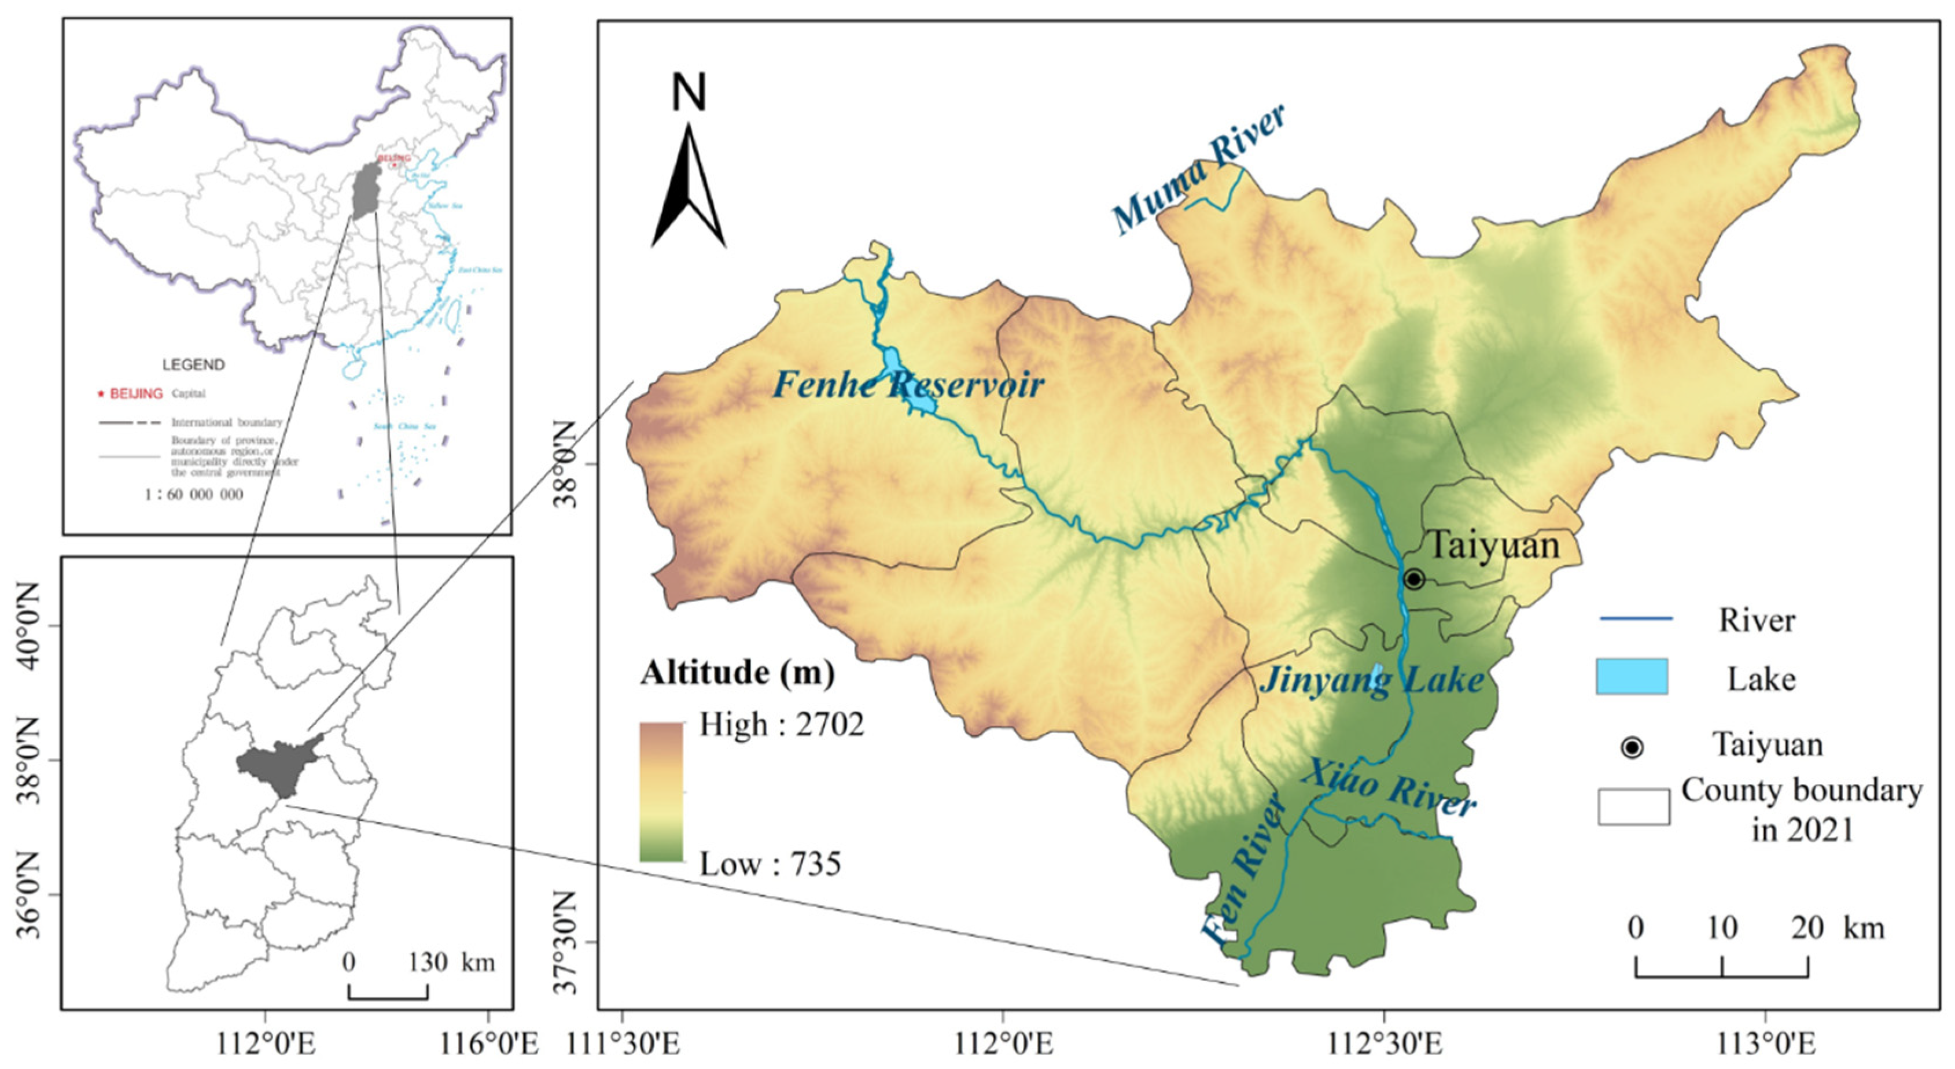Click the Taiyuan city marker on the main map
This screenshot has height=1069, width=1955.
[x=1413, y=580]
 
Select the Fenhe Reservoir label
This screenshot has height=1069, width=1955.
[x=908, y=385]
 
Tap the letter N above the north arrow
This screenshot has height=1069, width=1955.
[x=689, y=93]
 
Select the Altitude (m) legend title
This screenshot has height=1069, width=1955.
[x=737, y=672]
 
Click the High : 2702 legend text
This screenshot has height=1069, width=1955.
[x=781, y=725]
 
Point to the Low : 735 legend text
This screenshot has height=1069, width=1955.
[x=770, y=864]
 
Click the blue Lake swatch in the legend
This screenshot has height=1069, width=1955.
[x=1632, y=677]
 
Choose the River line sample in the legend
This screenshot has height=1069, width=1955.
[x=1636, y=619]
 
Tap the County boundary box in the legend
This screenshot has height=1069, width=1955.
[x=1633, y=806]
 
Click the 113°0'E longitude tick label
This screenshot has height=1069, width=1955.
[x=1765, y=1045]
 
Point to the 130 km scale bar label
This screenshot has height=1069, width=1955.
[x=451, y=962]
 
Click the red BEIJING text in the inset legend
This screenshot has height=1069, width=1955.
[x=136, y=394]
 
